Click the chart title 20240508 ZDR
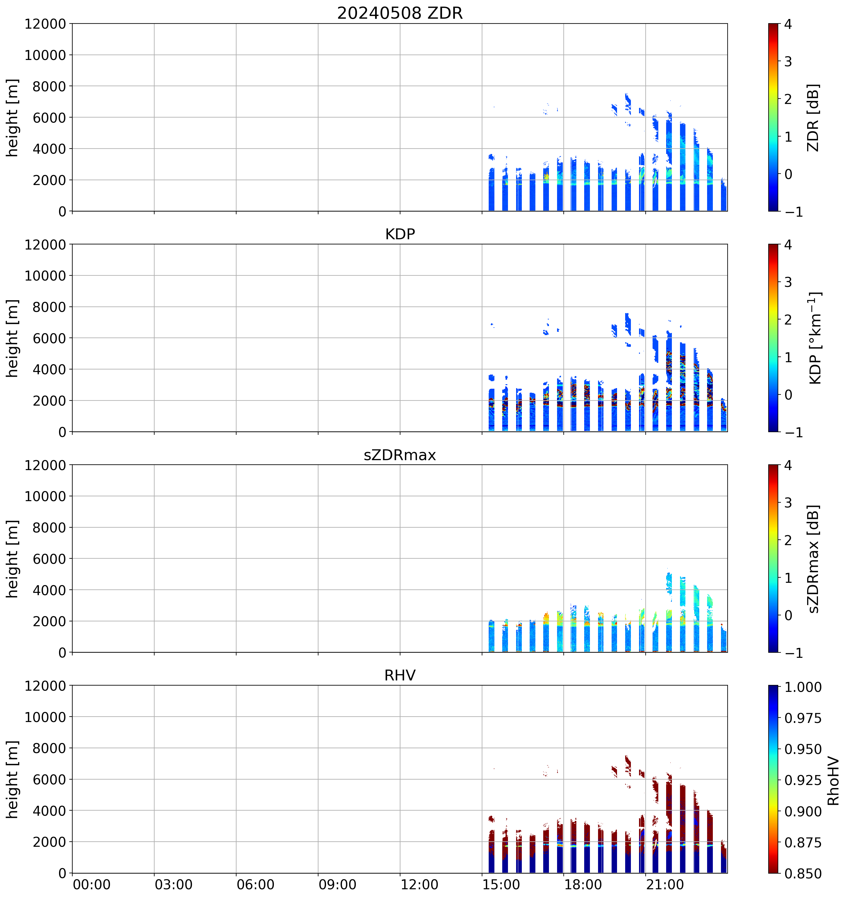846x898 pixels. pyautogui.click(x=400, y=13)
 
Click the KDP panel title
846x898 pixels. pyautogui.click(x=400, y=234)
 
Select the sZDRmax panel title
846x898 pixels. pyautogui.click(x=400, y=454)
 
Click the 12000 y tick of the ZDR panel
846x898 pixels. pyautogui.click(x=45, y=24)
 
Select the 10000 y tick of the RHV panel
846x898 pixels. pyautogui.click(x=45, y=717)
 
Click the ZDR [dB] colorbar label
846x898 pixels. pyautogui.click(x=813, y=118)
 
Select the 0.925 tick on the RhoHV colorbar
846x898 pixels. pyautogui.click(x=803, y=780)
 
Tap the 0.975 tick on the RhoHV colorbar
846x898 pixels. pyautogui.click(x=803, y=718)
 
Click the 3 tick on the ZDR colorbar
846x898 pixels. pyautogui.click(x=788, y=61)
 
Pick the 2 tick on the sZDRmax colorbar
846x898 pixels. pyautogui.click(x=788, y=540)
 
